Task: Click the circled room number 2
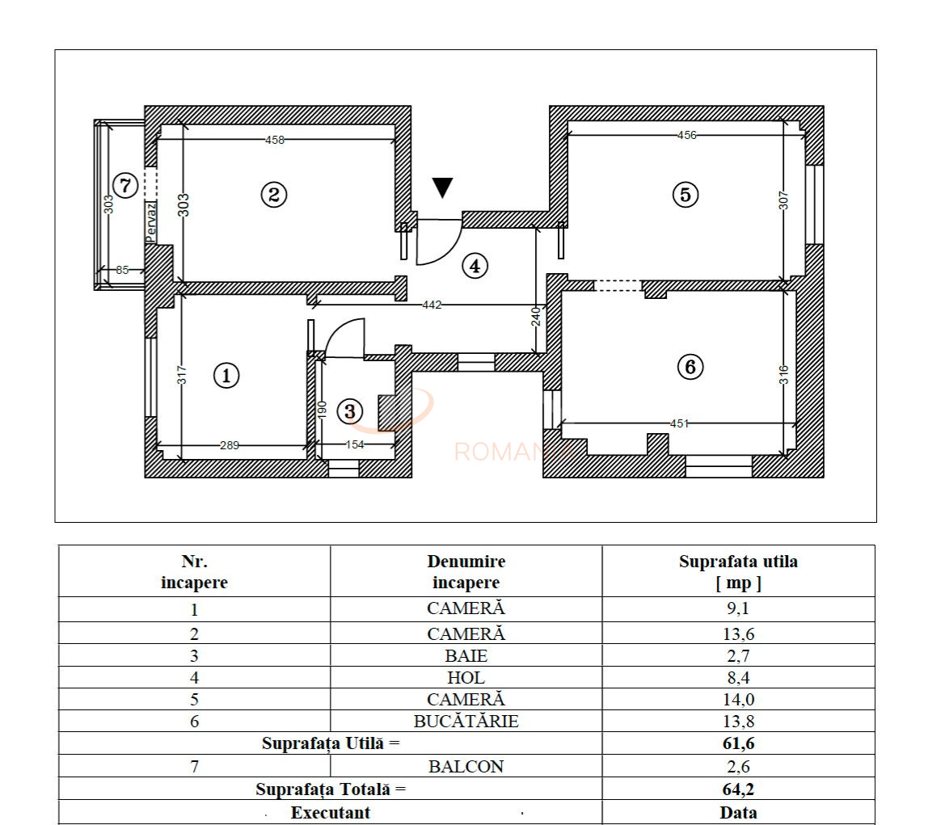point(274,194)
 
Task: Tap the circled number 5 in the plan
point(685,194)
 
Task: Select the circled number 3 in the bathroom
point(349,411)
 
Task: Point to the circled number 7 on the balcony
point(124,185)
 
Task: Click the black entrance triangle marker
point(442,187)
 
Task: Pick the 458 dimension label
point(275,140)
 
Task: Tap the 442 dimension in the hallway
point(432,305)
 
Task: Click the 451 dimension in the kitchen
point(680,423)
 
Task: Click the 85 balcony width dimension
point(122,270)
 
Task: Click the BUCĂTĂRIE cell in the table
point(466,722)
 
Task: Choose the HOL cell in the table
point(466,678)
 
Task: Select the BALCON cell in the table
point(466,767)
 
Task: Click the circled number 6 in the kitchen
point(690,367)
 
